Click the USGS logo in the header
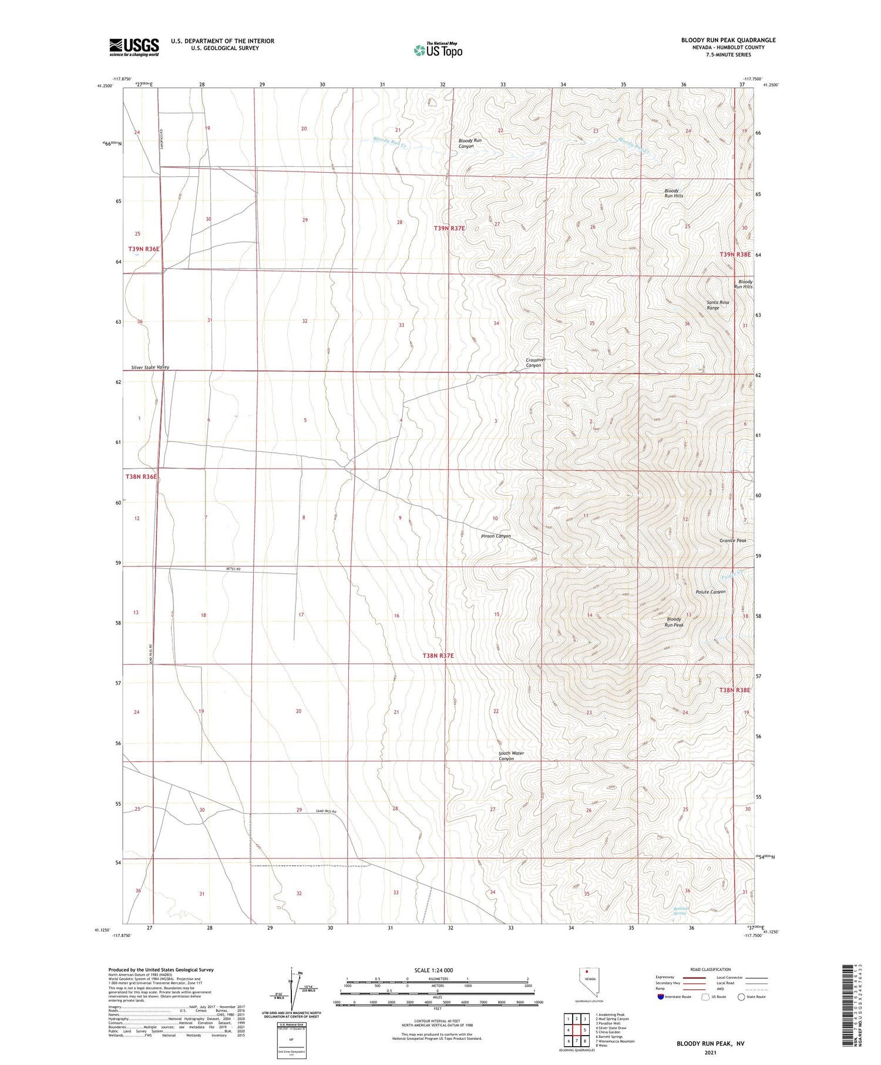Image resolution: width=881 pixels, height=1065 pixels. click(134, 47)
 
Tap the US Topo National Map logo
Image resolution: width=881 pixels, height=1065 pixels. click(438, 51)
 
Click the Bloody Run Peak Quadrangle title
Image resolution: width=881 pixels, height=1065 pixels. click(728, 40)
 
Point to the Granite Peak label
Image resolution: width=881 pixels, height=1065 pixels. click(732, 540)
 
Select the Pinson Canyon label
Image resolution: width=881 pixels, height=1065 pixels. click(496, 536)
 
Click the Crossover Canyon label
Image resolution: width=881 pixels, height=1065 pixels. click(533, 362)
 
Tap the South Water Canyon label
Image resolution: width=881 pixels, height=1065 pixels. click(510, 755)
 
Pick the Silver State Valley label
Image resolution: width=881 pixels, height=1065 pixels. click(150, 367)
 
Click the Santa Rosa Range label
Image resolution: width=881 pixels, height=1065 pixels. click(717, 305)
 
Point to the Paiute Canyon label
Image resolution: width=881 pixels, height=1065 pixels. click(710, 592)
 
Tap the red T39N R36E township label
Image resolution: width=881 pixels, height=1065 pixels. click(144, 249)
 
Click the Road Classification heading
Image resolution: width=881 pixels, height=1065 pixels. click(711, 969)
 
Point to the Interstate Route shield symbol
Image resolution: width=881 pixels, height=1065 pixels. click(661, 996)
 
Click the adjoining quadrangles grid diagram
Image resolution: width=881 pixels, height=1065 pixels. click(576, 1030)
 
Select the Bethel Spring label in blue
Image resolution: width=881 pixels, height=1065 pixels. click(680, 911)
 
